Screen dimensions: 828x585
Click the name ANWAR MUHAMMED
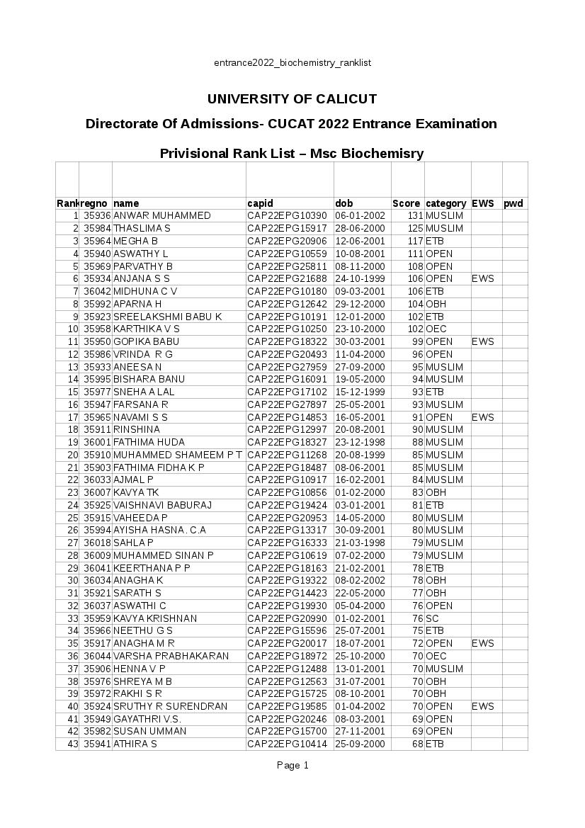tap(162, 215)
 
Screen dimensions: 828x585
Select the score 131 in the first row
tap(414, 215)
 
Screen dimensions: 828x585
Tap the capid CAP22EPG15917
tap(287, 228)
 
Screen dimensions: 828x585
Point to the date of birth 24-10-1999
tap(360, 278)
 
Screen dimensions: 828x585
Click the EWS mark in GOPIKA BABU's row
tap(483, 341)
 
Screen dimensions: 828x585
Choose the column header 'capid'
tap(260, 203)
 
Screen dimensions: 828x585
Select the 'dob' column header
tap(343, 203)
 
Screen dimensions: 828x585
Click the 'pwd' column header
tap(513, 203)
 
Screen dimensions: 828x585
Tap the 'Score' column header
tap(407, 203)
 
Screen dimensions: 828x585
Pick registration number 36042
tap(97, 291)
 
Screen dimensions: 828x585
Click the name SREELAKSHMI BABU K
tap(168, 316)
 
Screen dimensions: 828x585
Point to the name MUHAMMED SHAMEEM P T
tap(178, 455)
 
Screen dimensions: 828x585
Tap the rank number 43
tap(73, 744)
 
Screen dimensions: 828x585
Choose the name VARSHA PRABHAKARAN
tap(171, 656)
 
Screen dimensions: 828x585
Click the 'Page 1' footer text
tap(292, 765)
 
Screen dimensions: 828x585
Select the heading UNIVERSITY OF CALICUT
tap(292, 98)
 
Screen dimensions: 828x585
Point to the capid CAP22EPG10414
tap(287, 744)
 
